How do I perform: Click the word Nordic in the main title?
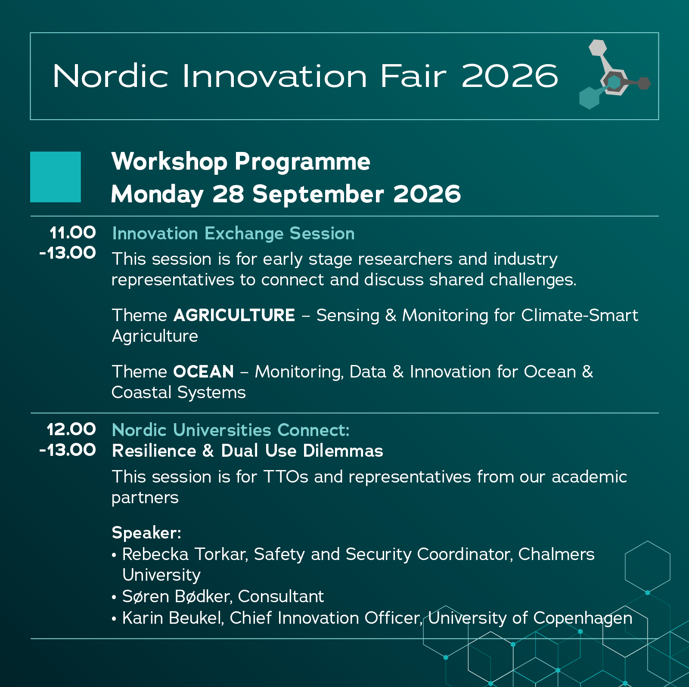[110, 76]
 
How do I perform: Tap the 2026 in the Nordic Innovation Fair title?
[510, 76]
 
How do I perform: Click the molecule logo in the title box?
[614, 74]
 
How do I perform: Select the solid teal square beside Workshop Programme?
[56, 177]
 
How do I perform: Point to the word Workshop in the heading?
[169, 162]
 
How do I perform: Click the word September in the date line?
[318, 195]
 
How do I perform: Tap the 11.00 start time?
[73, 233]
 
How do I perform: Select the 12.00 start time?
[71, 430]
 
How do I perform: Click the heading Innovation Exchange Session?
[233, 233]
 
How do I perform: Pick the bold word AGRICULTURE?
[234, 316]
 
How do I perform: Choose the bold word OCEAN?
[204, 372]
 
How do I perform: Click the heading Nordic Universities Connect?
[231, 430]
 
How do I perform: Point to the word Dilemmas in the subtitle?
[343, 451]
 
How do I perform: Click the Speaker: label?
[146, 533]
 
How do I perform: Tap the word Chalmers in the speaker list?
[556, 554]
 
